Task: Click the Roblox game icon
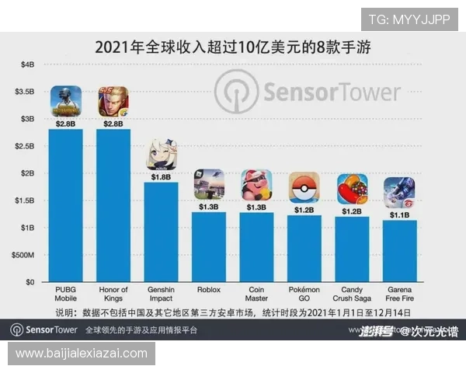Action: click(209, 185)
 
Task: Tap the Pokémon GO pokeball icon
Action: click(304, 187)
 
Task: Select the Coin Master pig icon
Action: click(256, 185)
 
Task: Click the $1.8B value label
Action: click(162, 176)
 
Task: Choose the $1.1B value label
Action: click(400, 215)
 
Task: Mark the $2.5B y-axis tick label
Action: click(24, 146)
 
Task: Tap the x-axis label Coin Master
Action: click(256, 294)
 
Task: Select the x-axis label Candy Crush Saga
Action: click(353, 294)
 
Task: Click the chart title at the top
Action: click(232, 47)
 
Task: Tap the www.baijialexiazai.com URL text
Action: click(82, 354)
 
